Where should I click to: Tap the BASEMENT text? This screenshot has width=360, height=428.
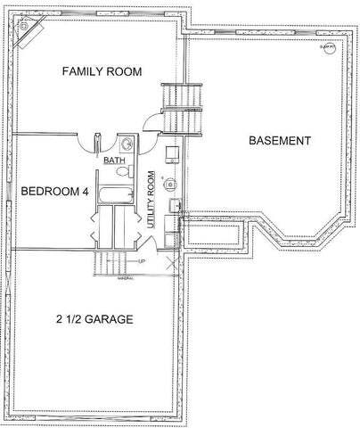(279, 141)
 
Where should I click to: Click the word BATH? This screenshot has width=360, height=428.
(114, 160)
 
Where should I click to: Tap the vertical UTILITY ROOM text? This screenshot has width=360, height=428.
(152, 202)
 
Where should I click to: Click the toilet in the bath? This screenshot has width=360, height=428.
(126, 171)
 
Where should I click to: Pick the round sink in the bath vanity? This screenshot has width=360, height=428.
(127, 143)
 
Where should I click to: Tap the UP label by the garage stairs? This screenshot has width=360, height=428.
(142, 261)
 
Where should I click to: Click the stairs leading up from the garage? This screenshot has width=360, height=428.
(111, 262)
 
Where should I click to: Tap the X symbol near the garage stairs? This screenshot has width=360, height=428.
(172, 262)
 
